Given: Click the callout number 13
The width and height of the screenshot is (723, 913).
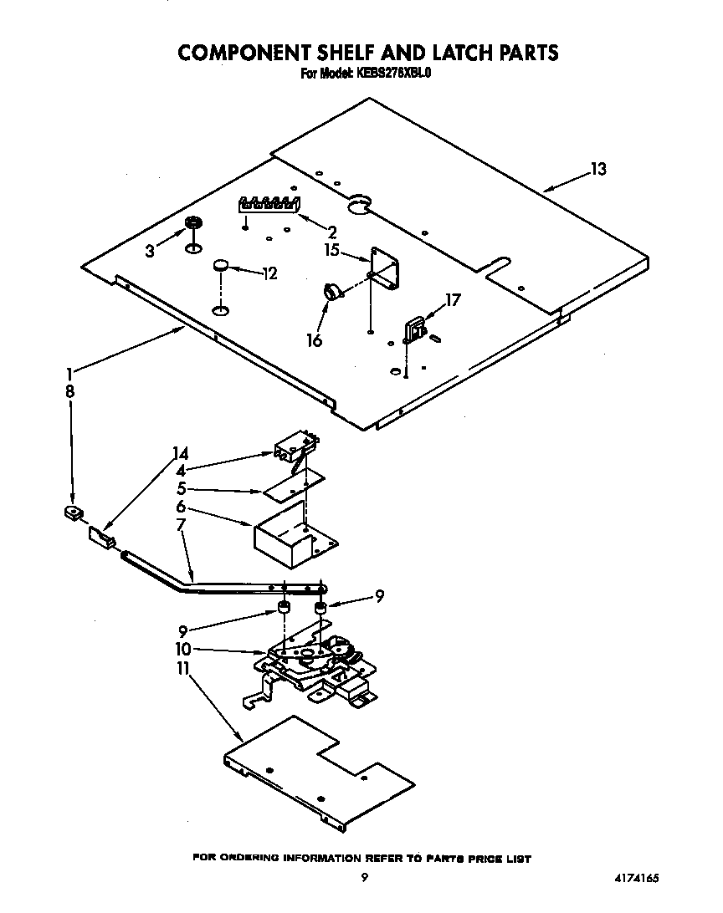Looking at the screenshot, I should [597, 170].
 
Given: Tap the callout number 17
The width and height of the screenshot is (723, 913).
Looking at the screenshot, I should [452, 300].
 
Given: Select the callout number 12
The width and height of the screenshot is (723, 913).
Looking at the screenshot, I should [269, 273].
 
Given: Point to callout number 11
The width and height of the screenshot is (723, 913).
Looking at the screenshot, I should [182, 669].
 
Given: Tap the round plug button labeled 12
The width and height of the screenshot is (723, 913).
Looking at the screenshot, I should [221, 265].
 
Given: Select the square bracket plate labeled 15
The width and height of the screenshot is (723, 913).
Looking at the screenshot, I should [386, 268].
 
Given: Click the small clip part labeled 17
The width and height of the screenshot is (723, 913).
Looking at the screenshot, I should [413, 329].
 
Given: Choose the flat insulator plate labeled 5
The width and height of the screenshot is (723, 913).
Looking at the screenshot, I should [295, 484].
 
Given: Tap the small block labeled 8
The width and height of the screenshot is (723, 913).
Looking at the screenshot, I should [72, 512].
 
